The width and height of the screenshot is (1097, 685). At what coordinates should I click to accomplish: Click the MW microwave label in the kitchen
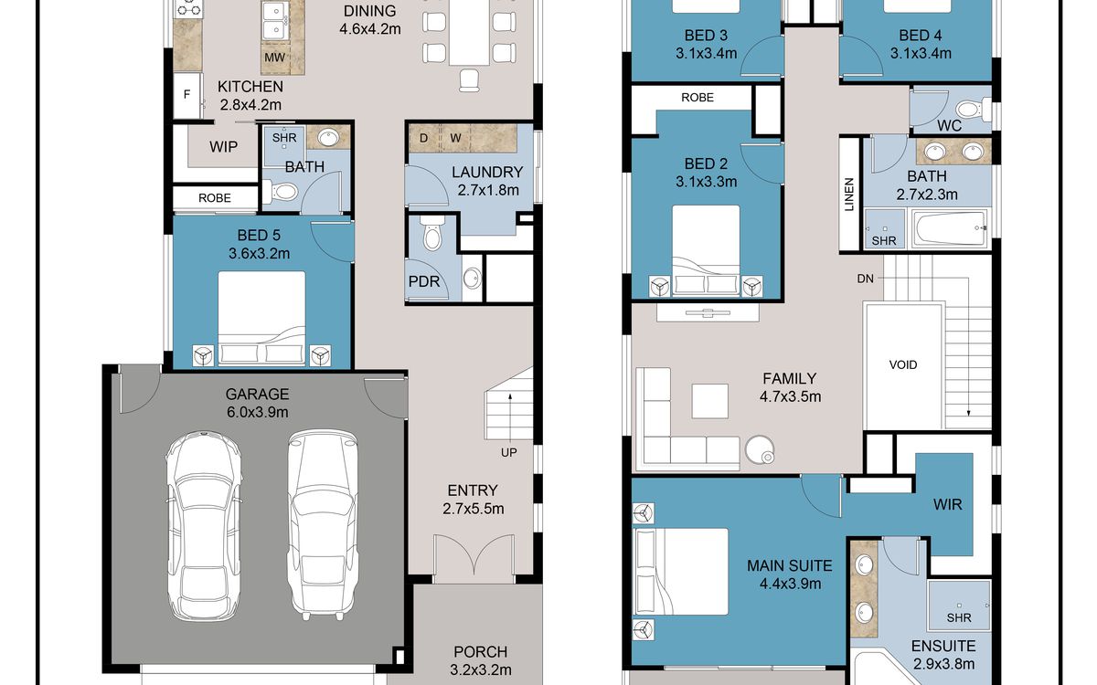pos(275,58)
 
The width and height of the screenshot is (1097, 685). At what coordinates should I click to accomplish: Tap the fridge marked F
pos(186,95)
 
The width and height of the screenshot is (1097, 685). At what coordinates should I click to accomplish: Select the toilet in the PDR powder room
pos(431,234)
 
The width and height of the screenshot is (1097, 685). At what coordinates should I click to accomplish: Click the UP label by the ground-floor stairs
pos(509,453)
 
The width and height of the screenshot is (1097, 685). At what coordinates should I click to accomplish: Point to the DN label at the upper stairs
pos(866,279)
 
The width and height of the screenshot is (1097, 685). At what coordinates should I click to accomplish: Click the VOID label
pos(903,364)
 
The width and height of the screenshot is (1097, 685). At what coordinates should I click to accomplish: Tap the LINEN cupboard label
pos(848,195)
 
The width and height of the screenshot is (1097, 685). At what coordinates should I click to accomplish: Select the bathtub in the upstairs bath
pos(951,228)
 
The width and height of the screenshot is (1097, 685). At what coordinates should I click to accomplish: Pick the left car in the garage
pos(204,526)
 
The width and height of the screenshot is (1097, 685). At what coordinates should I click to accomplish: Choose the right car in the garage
pos(322,524)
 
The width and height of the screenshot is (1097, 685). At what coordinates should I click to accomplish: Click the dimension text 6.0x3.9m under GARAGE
pos(257,413)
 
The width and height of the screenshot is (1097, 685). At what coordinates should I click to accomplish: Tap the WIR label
pos(948,504)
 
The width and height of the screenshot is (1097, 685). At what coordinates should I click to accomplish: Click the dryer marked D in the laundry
pos(424,138)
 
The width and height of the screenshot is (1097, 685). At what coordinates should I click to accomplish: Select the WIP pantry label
pos(223,147)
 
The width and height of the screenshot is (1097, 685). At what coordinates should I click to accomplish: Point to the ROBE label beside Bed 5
pos(215,198)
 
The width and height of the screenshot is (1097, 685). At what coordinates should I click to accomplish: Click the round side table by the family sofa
pos(760,449)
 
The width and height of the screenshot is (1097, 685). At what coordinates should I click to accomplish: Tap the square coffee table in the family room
pos(709,401)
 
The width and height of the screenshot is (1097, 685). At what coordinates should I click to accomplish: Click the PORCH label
pos(481,652)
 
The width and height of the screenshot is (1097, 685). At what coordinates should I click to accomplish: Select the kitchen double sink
pos(276,20)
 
